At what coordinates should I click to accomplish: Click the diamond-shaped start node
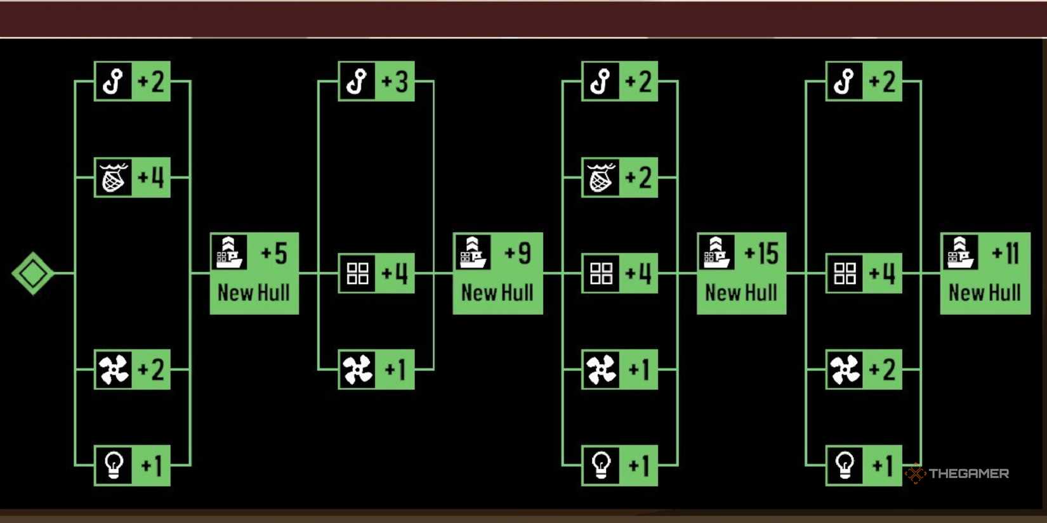click(x=32, y=273)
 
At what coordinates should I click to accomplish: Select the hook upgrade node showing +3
click(x=376, y=81)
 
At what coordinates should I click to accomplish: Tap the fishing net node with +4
click(x=132, y=178)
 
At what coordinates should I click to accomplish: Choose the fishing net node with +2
click(x=619, y=178)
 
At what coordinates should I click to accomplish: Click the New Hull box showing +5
click(x=254, y=273)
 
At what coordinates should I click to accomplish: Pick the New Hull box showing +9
click(x=497, y=273)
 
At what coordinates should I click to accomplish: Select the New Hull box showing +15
click(x=741, y=273)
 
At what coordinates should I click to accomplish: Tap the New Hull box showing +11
click(x=985, y=273)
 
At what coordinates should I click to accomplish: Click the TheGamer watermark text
click(x=968, y=474)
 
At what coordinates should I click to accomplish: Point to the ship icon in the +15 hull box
click(x=716, y=252)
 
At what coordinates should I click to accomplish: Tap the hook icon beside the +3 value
click(x=357, y=81)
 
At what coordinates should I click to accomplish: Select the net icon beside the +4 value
click(x=114, y=178)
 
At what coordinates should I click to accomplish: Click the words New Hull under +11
click(x=985, y=293)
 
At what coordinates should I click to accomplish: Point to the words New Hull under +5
click(x=254, y=293)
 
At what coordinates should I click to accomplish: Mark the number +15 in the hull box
click(x=761, y=254)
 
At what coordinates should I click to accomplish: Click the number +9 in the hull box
click(x=518, y=254)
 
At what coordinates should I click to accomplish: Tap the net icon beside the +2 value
click(x=601, y=178)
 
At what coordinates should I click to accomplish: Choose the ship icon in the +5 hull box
click(x=228, y=252)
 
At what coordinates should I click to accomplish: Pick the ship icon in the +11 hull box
click(x=959, y=252)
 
